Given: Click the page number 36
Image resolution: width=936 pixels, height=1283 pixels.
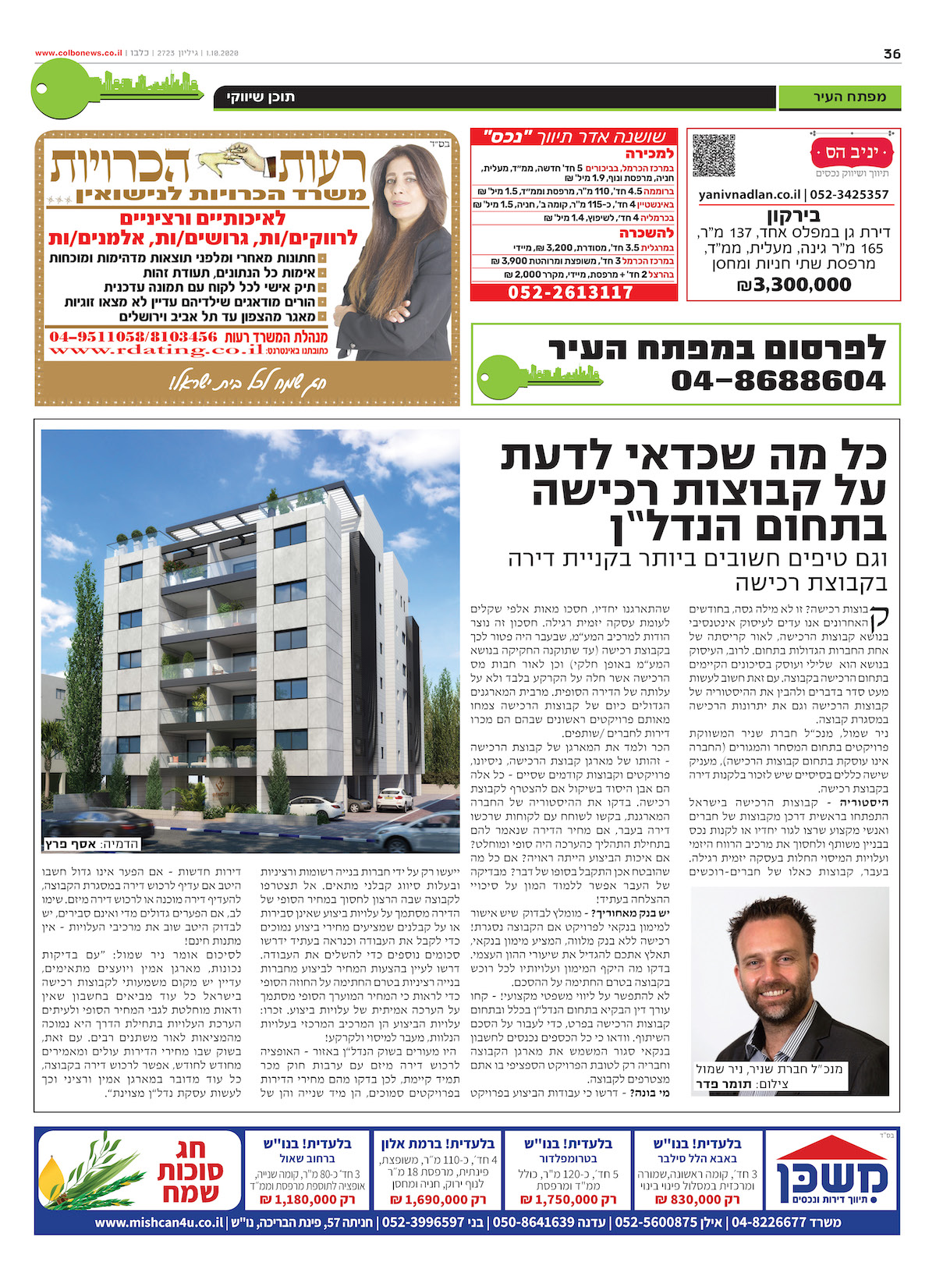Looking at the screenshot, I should (x=892, y=54).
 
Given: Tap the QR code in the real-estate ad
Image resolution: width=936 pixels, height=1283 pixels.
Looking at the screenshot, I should (x=714, y=155).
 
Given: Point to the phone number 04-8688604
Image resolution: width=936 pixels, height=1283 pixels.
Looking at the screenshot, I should (x=778, y=381).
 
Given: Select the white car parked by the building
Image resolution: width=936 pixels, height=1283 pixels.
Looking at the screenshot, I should (x=394, y=799).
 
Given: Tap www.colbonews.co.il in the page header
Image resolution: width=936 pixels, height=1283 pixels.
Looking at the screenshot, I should (x=78, y=53).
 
